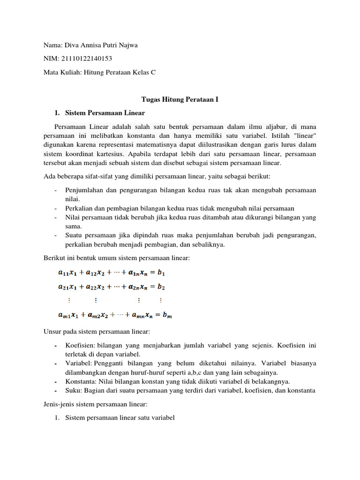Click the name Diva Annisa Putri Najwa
point(100,45)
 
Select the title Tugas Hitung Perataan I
point(180,99)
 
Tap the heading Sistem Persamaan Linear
point(105,113)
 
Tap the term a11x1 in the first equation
point(69,272)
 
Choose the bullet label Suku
point(73,390)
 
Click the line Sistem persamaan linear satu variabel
point(120,417)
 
